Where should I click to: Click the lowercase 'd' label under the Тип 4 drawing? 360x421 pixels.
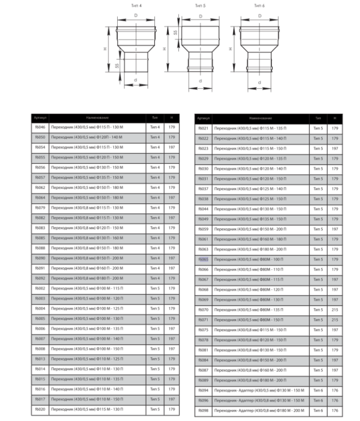(136, 79)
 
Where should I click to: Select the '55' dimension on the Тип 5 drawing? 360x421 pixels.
(176, 33)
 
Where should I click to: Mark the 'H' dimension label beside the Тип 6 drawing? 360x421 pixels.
(230, 48)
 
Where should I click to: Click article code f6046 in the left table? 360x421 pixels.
(39, 127)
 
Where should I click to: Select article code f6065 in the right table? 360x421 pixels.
(203, 259)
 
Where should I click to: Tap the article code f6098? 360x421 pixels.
(203, 410)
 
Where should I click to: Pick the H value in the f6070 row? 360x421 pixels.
(334, 309)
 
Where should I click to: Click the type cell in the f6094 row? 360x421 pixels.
(318, 390)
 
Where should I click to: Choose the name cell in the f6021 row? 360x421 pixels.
(260, 128)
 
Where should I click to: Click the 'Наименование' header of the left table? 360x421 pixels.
(97, 118)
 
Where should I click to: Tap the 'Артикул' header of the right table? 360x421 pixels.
(203, 118)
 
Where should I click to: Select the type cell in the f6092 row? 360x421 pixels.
(154, 278)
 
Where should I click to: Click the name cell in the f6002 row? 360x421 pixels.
(97, 288)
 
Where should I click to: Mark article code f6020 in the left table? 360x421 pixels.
(39, 409)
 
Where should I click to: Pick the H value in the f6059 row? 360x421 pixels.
(334, 228)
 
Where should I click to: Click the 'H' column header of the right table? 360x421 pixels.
(334, 118)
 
